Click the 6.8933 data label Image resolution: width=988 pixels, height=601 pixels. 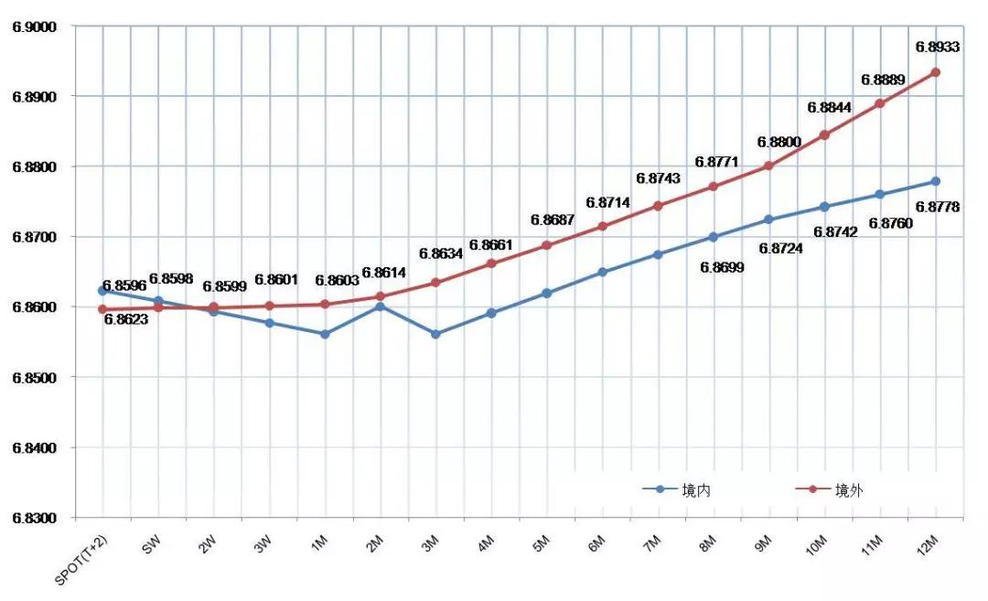tap(937, 47)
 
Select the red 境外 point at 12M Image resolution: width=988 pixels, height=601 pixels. tap(936, 72)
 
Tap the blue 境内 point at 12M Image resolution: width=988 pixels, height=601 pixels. tap(936, 181)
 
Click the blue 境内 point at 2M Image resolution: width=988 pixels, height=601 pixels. tap(381, 306)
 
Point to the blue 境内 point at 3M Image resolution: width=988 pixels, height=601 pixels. tap(435, 334)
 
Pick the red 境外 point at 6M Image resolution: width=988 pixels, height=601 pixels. tap(602, 226)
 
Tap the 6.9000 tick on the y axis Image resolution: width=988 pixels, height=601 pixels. tap(34, 27)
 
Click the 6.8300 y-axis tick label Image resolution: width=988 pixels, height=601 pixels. tap(34, 518)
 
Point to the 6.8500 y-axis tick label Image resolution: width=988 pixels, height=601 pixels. tap(34, 378)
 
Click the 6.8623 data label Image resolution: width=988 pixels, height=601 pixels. tap(126, 320)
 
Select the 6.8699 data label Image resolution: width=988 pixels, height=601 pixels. tap(722, 267)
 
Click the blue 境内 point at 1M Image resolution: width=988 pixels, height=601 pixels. tap(325, 334)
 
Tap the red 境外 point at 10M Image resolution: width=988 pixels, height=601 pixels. tap(824, 134)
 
